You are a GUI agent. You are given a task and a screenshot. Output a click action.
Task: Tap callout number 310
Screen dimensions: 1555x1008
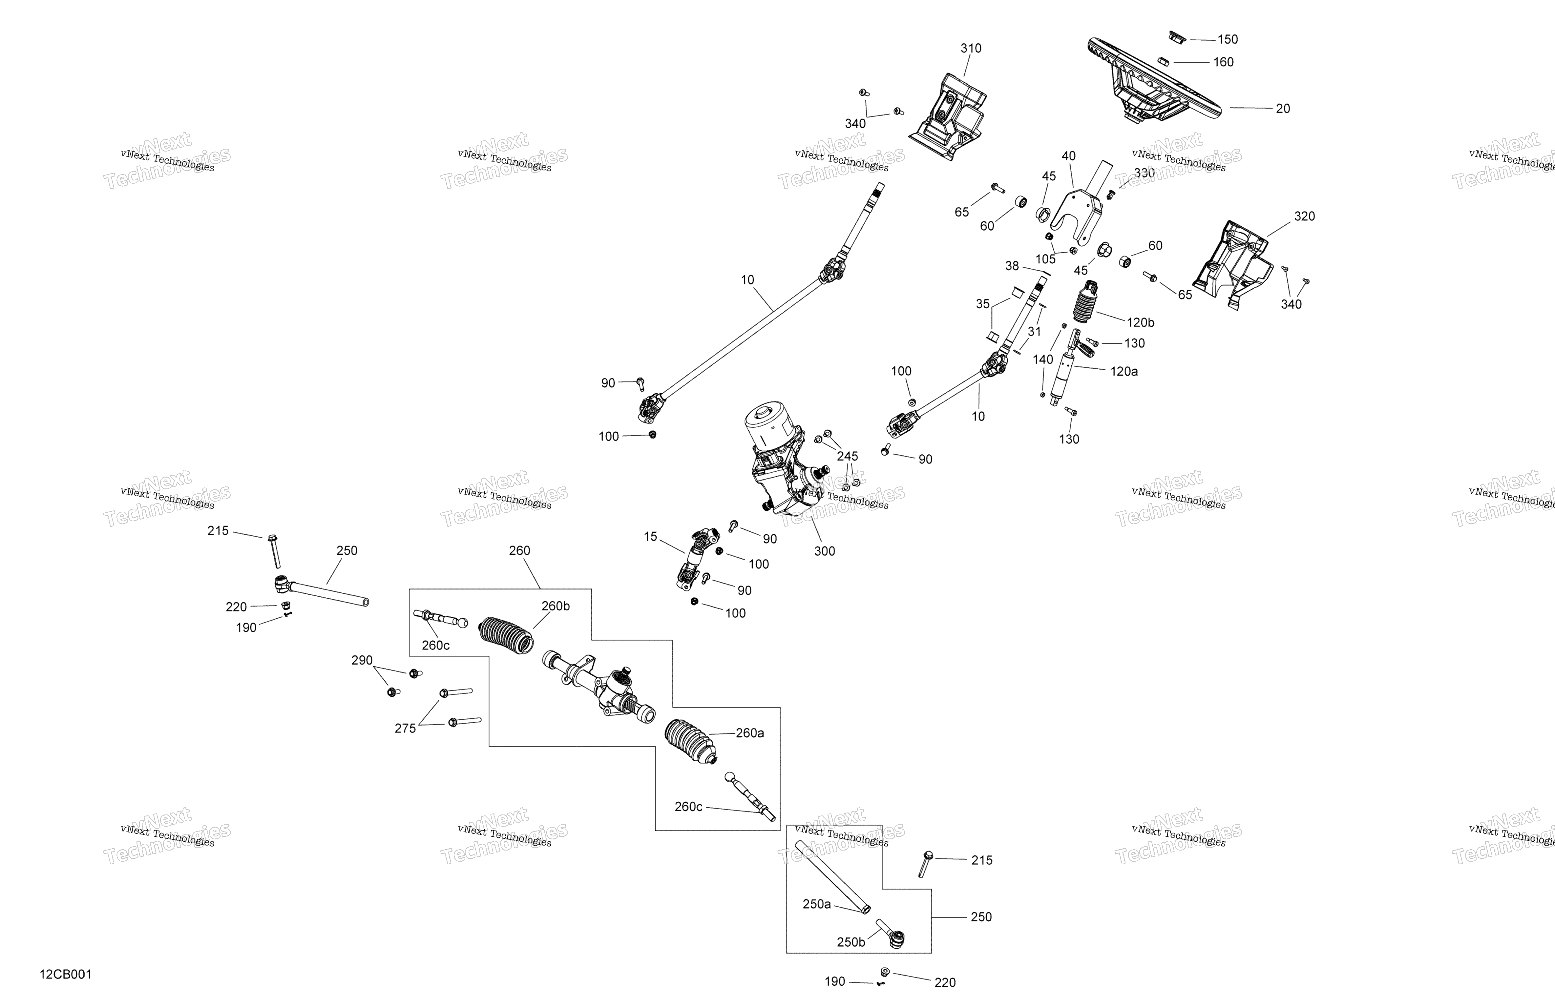coord(971,48)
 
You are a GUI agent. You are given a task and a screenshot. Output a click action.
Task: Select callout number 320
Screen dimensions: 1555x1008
coord(1304,216)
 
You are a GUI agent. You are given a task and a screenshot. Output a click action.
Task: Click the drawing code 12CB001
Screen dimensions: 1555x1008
coord(66,975)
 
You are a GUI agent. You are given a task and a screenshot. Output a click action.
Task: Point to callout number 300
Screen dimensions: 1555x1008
coord(825,551)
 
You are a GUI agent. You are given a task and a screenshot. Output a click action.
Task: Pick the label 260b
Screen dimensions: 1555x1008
coord(555,606)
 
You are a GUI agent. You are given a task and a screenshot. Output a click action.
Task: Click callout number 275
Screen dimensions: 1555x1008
coord(405,729)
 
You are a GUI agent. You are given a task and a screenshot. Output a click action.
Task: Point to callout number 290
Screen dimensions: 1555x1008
coord(362,660)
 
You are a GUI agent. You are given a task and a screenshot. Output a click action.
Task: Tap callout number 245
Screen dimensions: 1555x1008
coord(848,456)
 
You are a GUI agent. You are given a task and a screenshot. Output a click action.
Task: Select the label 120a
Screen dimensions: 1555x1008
coord(1124,371)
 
